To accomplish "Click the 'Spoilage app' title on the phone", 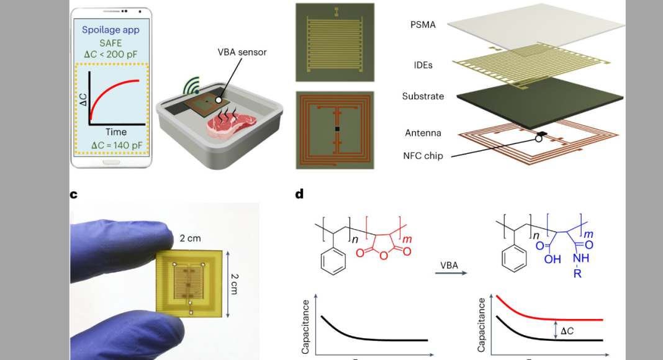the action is coord(110,30).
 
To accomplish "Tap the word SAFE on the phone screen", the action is coord(110,43).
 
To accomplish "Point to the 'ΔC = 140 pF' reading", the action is coord(117,145).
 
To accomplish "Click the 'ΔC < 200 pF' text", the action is coord(110,54).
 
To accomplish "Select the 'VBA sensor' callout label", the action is coord(242,52).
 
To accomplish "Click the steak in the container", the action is coord(232,125).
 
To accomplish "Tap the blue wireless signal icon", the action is coord(192,86).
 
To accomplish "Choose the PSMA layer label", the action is coord(423,24).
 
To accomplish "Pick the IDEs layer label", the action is coord(423,65).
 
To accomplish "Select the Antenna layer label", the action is coord(423,133).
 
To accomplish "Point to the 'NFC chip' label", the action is coord(423,156).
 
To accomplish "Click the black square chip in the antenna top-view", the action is coord(337,129).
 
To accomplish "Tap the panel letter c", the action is coord(74,194).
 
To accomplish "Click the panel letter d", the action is coord(299,194).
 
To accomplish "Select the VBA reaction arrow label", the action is coord(449,266).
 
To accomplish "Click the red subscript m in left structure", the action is coord(407,239).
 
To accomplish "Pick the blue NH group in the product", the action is coord(581,258).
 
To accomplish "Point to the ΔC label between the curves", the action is coord(567,331).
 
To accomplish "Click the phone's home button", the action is coord(111,162).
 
